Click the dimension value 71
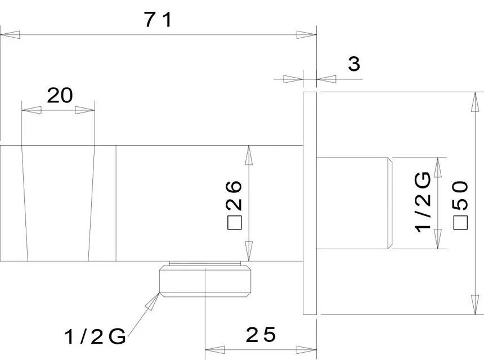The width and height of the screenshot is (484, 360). (157, 20)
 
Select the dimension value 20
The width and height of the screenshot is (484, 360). (60, 96)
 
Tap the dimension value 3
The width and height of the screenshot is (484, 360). (354, 64)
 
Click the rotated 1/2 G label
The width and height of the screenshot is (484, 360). (423, 201)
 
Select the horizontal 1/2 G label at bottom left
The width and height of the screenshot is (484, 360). (95, 337)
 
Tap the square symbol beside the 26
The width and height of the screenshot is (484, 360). (234, 223)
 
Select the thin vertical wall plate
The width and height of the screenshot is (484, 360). (310, 202)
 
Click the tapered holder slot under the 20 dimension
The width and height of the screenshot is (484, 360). (57, 204)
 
